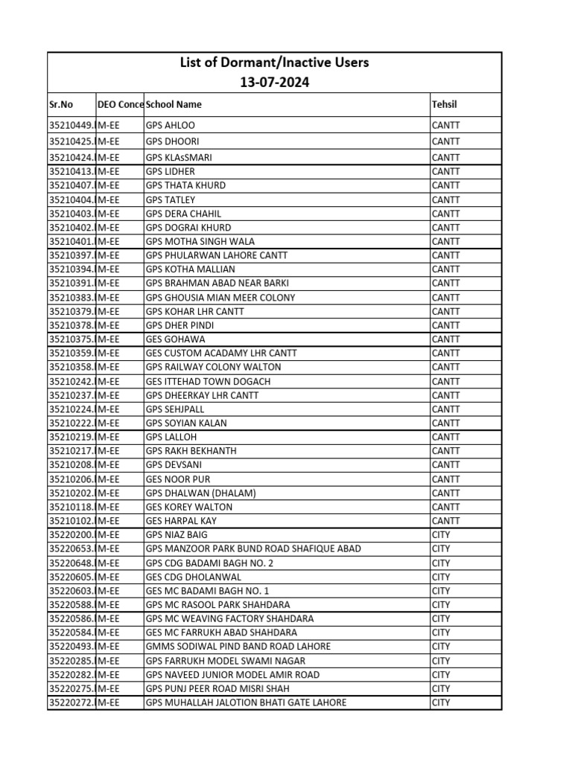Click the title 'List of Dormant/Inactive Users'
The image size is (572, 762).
click(274, 63)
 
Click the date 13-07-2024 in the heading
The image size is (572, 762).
click(274, 83)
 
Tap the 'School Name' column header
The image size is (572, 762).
click(174, 105)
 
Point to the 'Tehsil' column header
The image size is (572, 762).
click(445, 105)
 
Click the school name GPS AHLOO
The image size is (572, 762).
click(171, 126)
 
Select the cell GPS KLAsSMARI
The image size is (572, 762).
click(178, 158)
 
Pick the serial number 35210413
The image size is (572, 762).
click(71, 172)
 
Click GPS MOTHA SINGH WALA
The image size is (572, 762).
click(200, 242)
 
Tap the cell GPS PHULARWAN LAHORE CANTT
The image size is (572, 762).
click(217, 256)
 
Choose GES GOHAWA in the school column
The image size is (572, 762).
click(176, 339)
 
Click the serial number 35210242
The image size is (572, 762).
click(71, 382)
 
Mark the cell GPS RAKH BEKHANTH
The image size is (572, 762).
click(191, 451)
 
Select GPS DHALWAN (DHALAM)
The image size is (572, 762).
click(201, 493)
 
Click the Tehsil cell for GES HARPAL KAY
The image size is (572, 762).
click(446, 522)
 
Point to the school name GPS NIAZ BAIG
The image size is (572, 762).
click(177, 535)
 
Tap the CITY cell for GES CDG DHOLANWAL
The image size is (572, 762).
click(441, 577)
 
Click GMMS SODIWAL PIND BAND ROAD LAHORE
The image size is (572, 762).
click(238, 647)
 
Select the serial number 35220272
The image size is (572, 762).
click(71, 702)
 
